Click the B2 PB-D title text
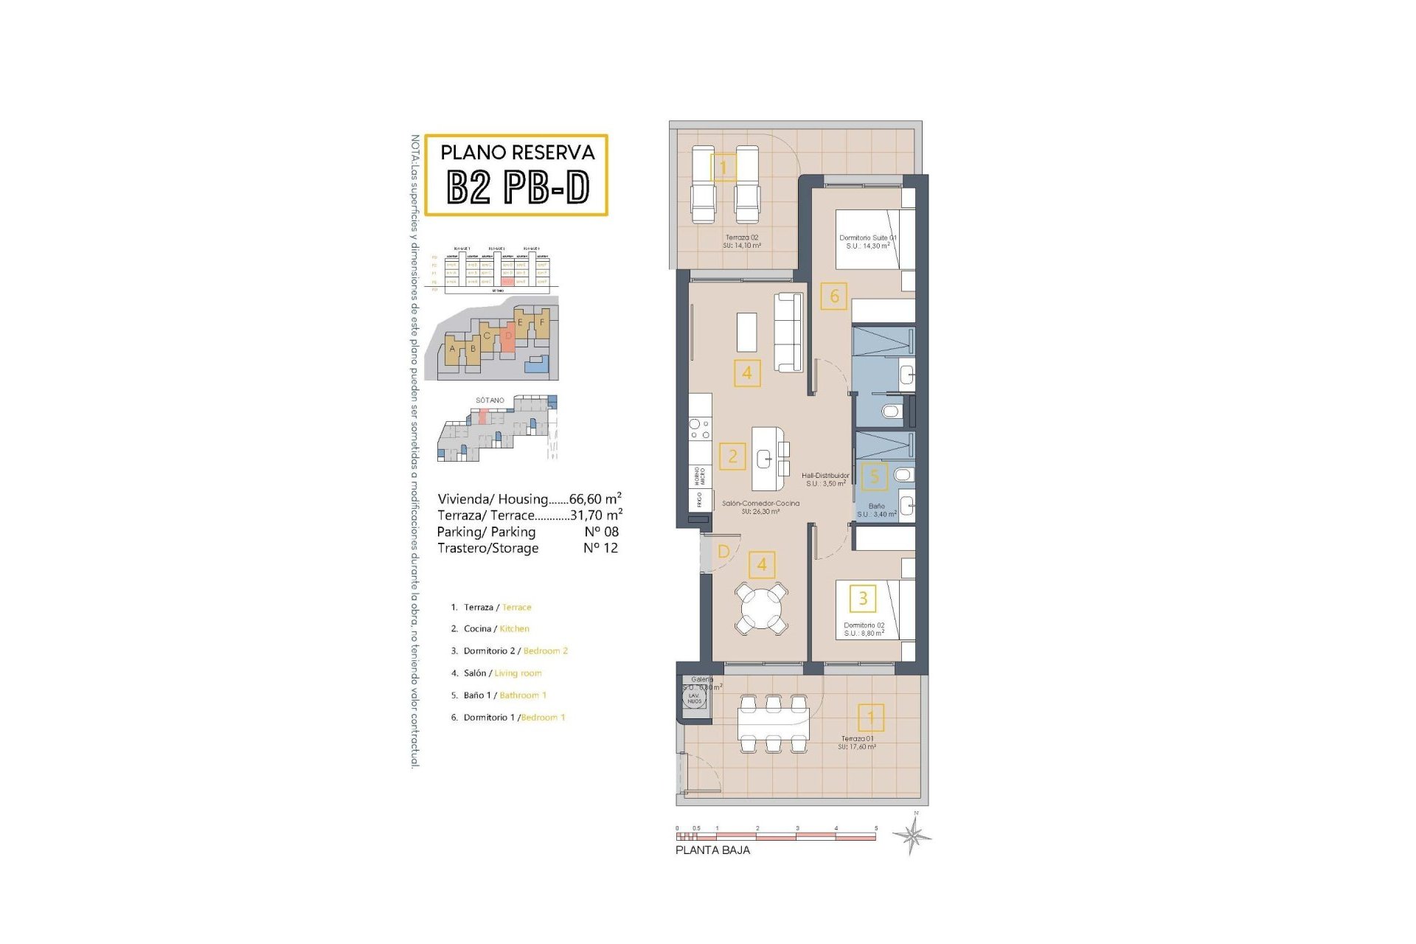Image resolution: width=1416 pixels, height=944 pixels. coord(518,187)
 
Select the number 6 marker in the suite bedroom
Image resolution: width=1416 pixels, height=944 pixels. coord(834,296)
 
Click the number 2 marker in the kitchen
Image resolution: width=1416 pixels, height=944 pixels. coord(732,457)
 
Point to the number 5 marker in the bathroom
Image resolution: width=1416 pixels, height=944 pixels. coord(875,476)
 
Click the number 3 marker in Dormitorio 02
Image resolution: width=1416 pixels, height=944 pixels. coord(863,598)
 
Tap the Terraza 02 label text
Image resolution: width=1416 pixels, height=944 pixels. coord(742,238)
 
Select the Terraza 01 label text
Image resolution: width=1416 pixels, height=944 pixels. coord(858,738)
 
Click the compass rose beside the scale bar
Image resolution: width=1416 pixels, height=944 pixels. coord(912,836)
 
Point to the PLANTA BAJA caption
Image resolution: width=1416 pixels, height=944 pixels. coord(712,850)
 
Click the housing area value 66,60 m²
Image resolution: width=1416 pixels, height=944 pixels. coord(595,499)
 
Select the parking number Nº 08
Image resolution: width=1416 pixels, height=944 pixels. coord(601,532)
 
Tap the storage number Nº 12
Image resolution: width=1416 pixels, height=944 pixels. coord(600,548)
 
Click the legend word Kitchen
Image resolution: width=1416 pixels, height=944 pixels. coord(514,629)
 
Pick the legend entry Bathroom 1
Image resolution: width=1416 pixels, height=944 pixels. coord(523,695)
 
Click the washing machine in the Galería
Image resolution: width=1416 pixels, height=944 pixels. coord(693,698)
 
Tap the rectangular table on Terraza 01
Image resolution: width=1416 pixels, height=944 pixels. coord(773,723)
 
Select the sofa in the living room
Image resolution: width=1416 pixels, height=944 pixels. coord(788,333)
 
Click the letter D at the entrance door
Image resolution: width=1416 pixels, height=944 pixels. coord(723,552)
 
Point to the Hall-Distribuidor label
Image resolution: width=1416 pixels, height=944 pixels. coord(825,476)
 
